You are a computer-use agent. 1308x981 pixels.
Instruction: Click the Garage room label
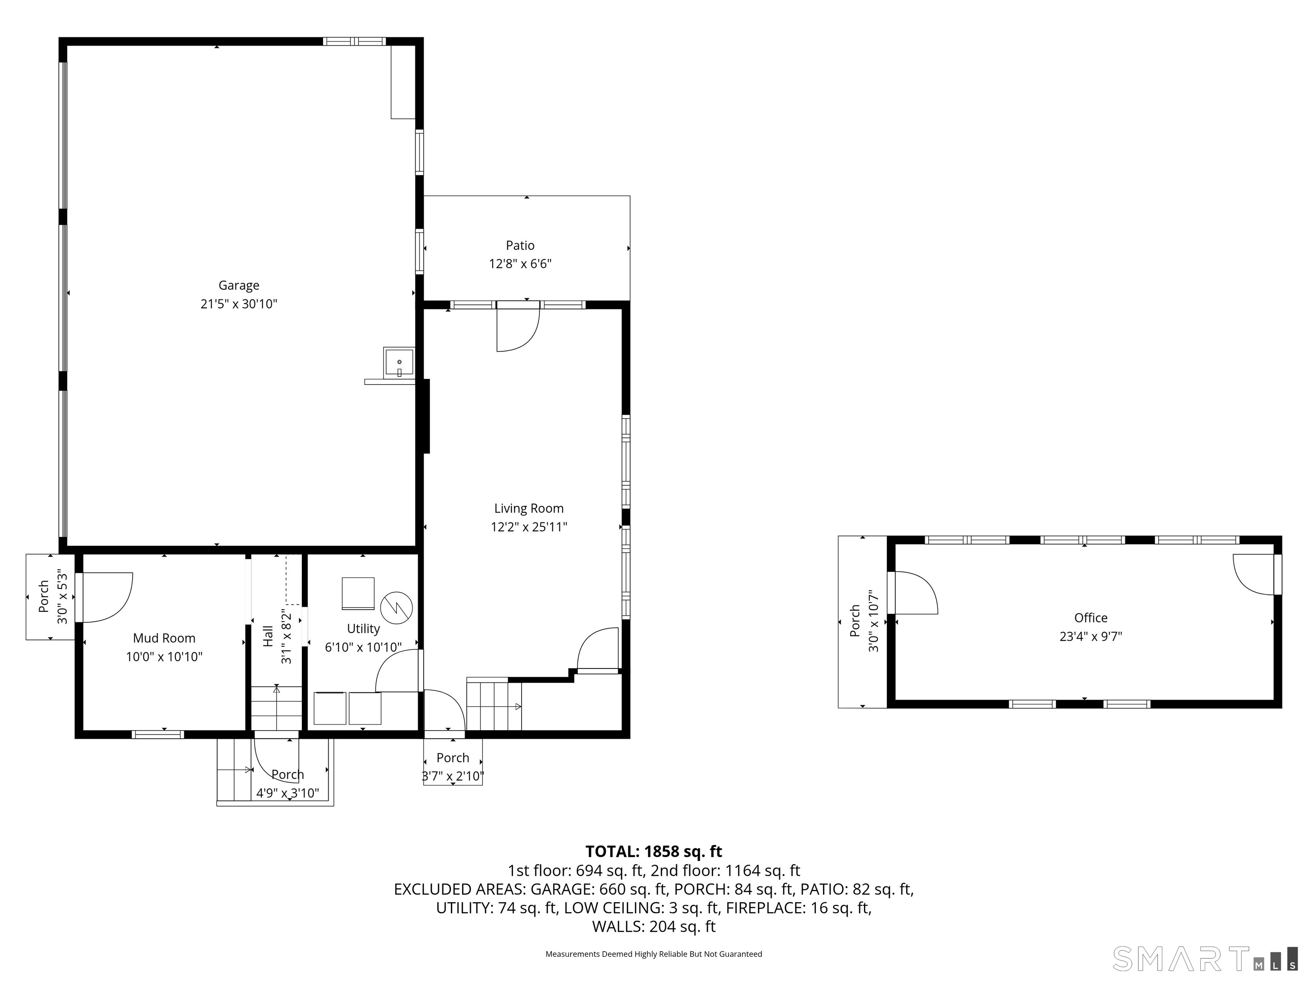coord(239,286)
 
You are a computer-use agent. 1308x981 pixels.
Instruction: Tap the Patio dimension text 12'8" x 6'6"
coord(520,264)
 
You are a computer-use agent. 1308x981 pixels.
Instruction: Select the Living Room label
coord(529,508)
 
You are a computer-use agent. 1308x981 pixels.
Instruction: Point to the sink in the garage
coord(399,362)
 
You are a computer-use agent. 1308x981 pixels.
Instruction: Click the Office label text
coord(1091,618)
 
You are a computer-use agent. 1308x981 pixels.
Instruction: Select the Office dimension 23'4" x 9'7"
coord(1091,636)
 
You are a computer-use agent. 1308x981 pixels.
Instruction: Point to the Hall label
coord(268,636)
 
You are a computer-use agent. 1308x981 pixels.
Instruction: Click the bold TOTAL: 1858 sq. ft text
coord(654,852)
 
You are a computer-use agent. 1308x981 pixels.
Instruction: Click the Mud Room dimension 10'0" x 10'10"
coord(164,657)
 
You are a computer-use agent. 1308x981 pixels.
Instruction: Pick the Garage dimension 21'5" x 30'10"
coord(239,304)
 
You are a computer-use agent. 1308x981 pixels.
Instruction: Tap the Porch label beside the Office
coord(855,621)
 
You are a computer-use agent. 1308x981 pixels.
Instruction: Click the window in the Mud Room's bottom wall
coord(158,734)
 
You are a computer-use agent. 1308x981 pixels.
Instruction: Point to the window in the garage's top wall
coord(354,41)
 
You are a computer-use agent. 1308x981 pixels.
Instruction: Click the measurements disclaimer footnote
coord(654,954)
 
